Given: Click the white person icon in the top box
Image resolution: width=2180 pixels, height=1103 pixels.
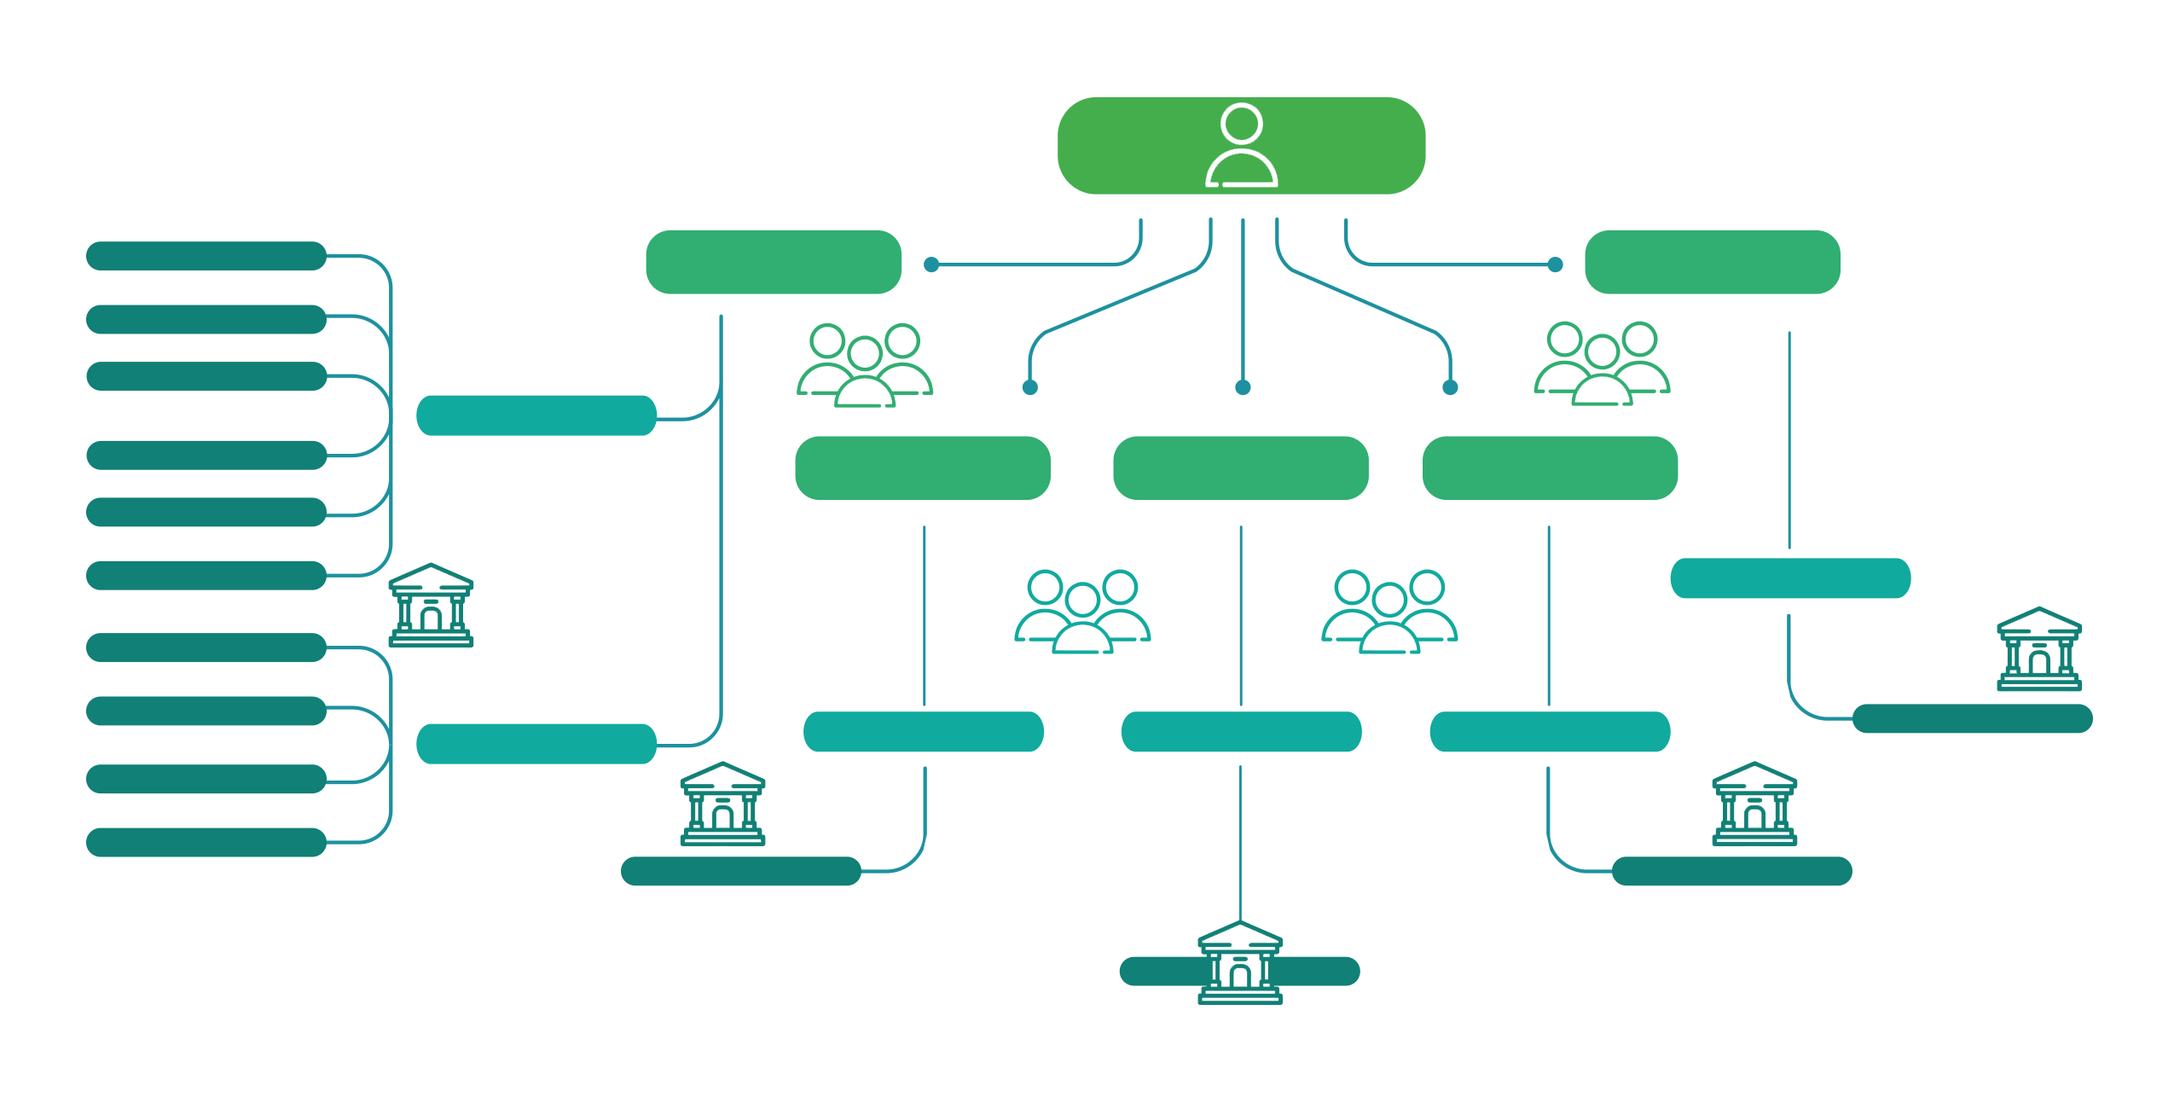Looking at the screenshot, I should [x=1241, y=145].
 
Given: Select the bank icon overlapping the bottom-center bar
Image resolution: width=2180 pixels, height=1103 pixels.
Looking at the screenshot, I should [x=1239, y=963].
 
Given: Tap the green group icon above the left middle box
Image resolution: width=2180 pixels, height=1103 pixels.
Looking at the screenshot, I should [x=865, y=365].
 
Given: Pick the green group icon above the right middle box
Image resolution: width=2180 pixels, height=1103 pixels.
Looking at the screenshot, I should [x=1602, y=363].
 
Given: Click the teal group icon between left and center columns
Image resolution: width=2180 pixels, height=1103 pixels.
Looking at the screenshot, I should [x=1082, y=612].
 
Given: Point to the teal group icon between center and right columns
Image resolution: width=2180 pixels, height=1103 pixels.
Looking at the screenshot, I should [x=1389, y=612].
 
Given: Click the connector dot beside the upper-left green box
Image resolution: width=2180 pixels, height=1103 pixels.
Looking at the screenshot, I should [x=931, y=265].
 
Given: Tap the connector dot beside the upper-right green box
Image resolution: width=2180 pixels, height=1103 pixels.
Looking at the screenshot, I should [x=1555, y=265].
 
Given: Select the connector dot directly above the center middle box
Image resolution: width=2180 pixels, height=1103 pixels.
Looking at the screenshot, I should [x=1243, y=388].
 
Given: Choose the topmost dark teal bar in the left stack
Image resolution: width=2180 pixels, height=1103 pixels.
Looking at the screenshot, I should [x=206, y=256].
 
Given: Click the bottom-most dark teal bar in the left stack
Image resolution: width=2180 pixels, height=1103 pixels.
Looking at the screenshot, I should [x=206, y=842].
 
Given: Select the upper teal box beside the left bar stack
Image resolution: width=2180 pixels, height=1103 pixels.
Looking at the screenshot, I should [x=536, y=415].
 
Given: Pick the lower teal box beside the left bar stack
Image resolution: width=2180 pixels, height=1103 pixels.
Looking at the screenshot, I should [x=536, y=744].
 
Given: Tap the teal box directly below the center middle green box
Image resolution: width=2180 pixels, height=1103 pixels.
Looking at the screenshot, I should [x=1241, y=732].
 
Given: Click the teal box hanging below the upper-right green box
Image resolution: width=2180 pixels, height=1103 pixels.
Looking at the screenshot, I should [x=1789, y=578].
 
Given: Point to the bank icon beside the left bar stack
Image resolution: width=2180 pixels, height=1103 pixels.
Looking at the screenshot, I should [x=431, y=606].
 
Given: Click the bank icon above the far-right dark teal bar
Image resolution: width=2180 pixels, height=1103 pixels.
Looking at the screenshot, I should [x=2038, y=649].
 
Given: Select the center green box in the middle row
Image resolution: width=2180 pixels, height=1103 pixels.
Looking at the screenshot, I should [x=1240, y=467].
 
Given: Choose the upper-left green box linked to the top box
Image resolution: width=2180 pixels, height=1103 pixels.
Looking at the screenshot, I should [x=774, y=262].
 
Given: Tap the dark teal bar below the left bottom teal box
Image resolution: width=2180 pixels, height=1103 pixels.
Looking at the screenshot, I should [x=740, y=871].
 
